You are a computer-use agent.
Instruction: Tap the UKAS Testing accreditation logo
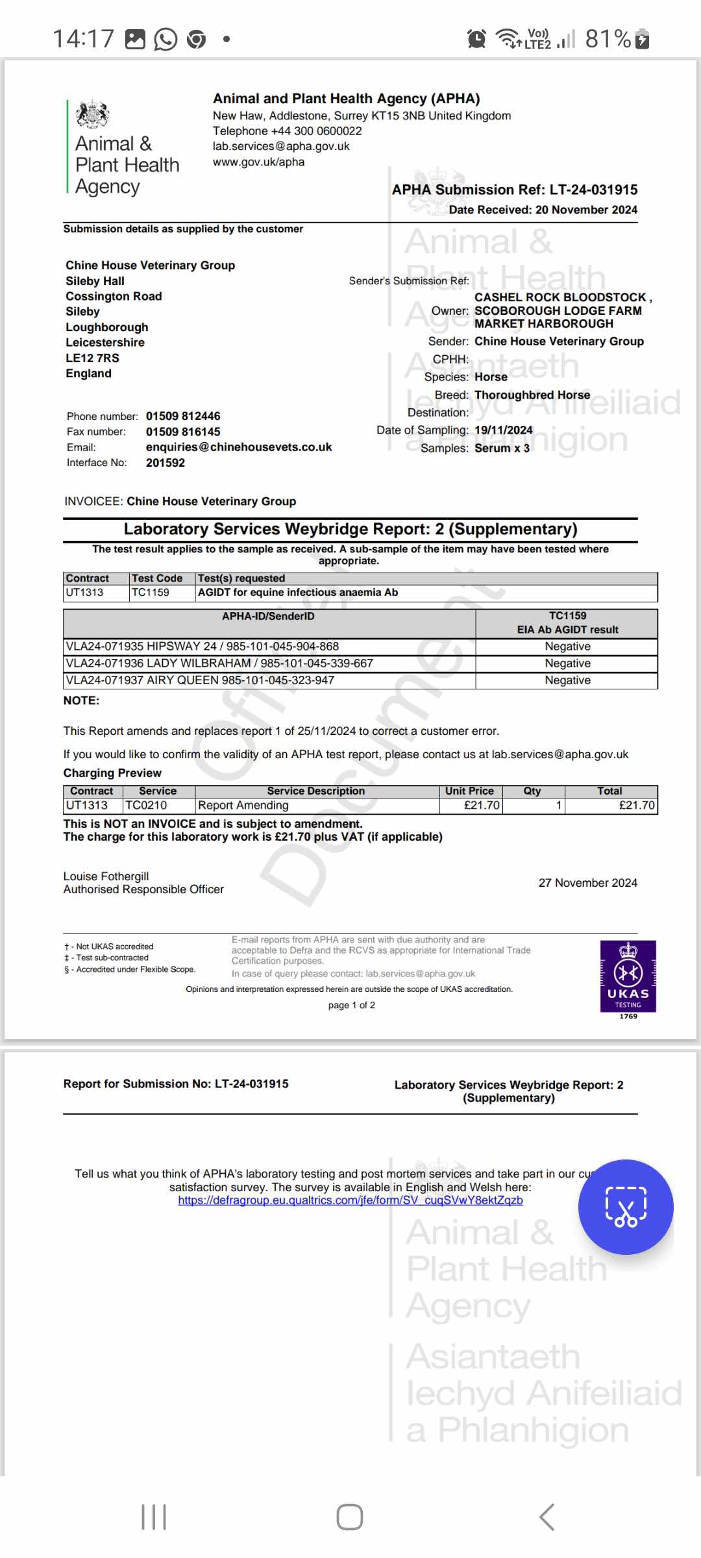(628, 976)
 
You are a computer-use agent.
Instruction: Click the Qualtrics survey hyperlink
(350, 1200)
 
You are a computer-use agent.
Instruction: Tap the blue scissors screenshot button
(626, 1207)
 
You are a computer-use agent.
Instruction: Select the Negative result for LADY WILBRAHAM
(567, 663)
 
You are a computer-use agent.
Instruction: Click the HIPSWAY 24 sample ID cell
(203, 647)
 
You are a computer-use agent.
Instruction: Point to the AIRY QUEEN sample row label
(200, 680)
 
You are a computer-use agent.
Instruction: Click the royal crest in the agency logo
(93, 115)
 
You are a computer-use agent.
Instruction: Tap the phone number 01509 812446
(183, 416)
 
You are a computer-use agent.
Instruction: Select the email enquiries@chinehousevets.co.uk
(239, 447)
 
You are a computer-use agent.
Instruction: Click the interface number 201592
(166, 463)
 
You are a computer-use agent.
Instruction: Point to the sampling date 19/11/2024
(504, 430)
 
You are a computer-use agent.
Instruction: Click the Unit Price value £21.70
(482, 806)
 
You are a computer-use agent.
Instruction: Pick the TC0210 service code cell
(146, 806)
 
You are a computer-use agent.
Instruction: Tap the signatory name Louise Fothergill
(106, 876)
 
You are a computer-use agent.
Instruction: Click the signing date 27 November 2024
(587, 883)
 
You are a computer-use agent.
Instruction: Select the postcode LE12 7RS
(92, 358)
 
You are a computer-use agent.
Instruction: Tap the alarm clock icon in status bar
(476, 39)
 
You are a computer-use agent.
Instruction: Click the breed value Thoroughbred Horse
(532, 395)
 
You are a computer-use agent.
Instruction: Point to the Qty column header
(532, 791)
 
